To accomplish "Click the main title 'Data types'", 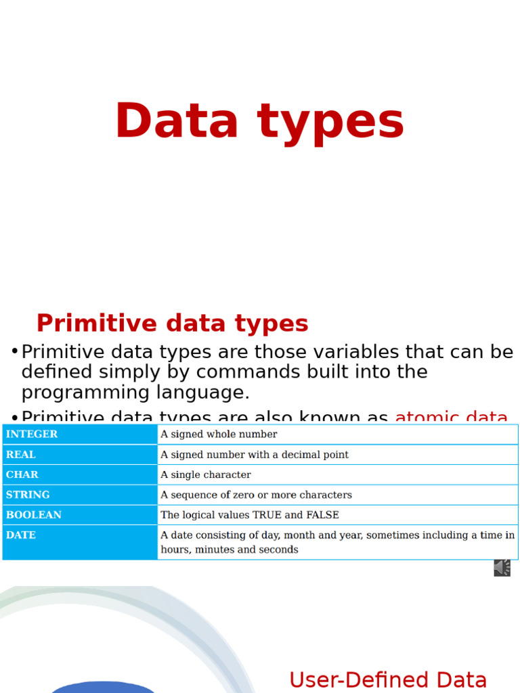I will click(259, 122).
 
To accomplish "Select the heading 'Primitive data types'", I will click(172, 323).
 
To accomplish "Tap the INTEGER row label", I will click(32, 434).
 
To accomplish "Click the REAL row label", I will click(21, 455).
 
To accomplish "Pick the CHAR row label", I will click(22, 475).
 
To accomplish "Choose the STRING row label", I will click(28, 495).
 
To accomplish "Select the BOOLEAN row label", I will click(34, 515).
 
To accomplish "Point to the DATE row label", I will click(21, 535).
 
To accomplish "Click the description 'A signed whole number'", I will click(219, 434).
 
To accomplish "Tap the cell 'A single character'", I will click(206, 475).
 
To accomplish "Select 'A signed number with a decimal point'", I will click(255, 455).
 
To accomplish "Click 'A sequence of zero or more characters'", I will click(256, 495).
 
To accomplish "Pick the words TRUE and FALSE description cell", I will click(250, 515).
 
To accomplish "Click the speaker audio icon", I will click(502, 568).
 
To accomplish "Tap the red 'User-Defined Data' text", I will click(387, 680).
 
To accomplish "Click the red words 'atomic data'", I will click(451, 417).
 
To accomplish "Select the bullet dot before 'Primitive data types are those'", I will click(14, 351).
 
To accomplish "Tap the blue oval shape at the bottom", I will click(103, 687).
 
